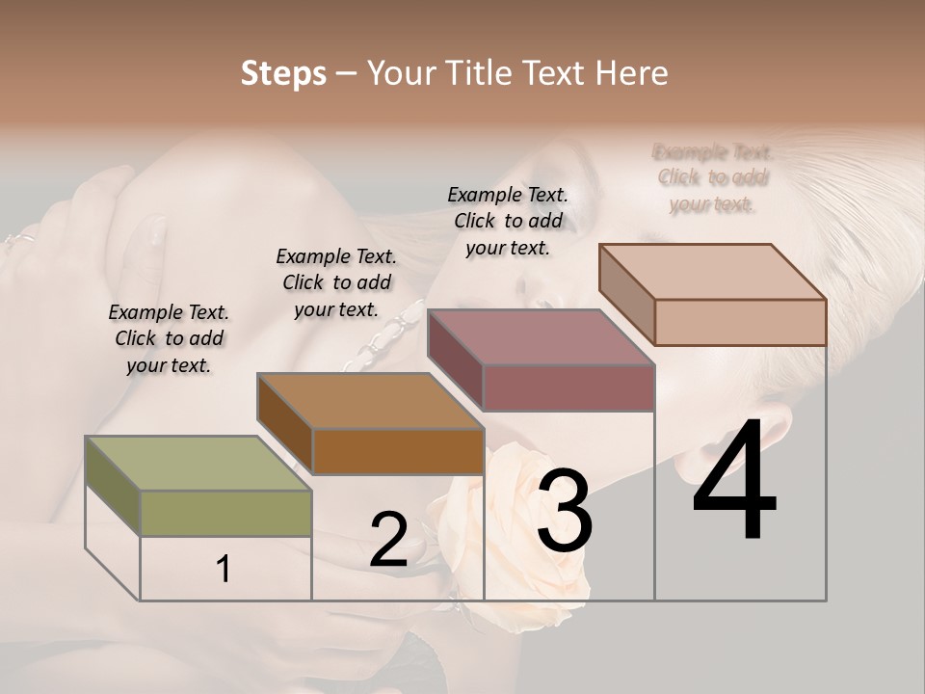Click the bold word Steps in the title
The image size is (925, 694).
click(283, 73)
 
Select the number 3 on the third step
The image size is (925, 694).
click(565, 511)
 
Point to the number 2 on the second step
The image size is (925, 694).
click(388, 540)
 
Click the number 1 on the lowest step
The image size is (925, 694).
click(223, 570)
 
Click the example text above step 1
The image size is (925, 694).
click(169, 338)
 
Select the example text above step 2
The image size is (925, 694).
click(336, 282)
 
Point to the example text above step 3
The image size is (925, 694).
click(508, 221)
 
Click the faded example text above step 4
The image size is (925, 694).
click(713, 177)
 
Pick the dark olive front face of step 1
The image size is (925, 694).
click(226, 513)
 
